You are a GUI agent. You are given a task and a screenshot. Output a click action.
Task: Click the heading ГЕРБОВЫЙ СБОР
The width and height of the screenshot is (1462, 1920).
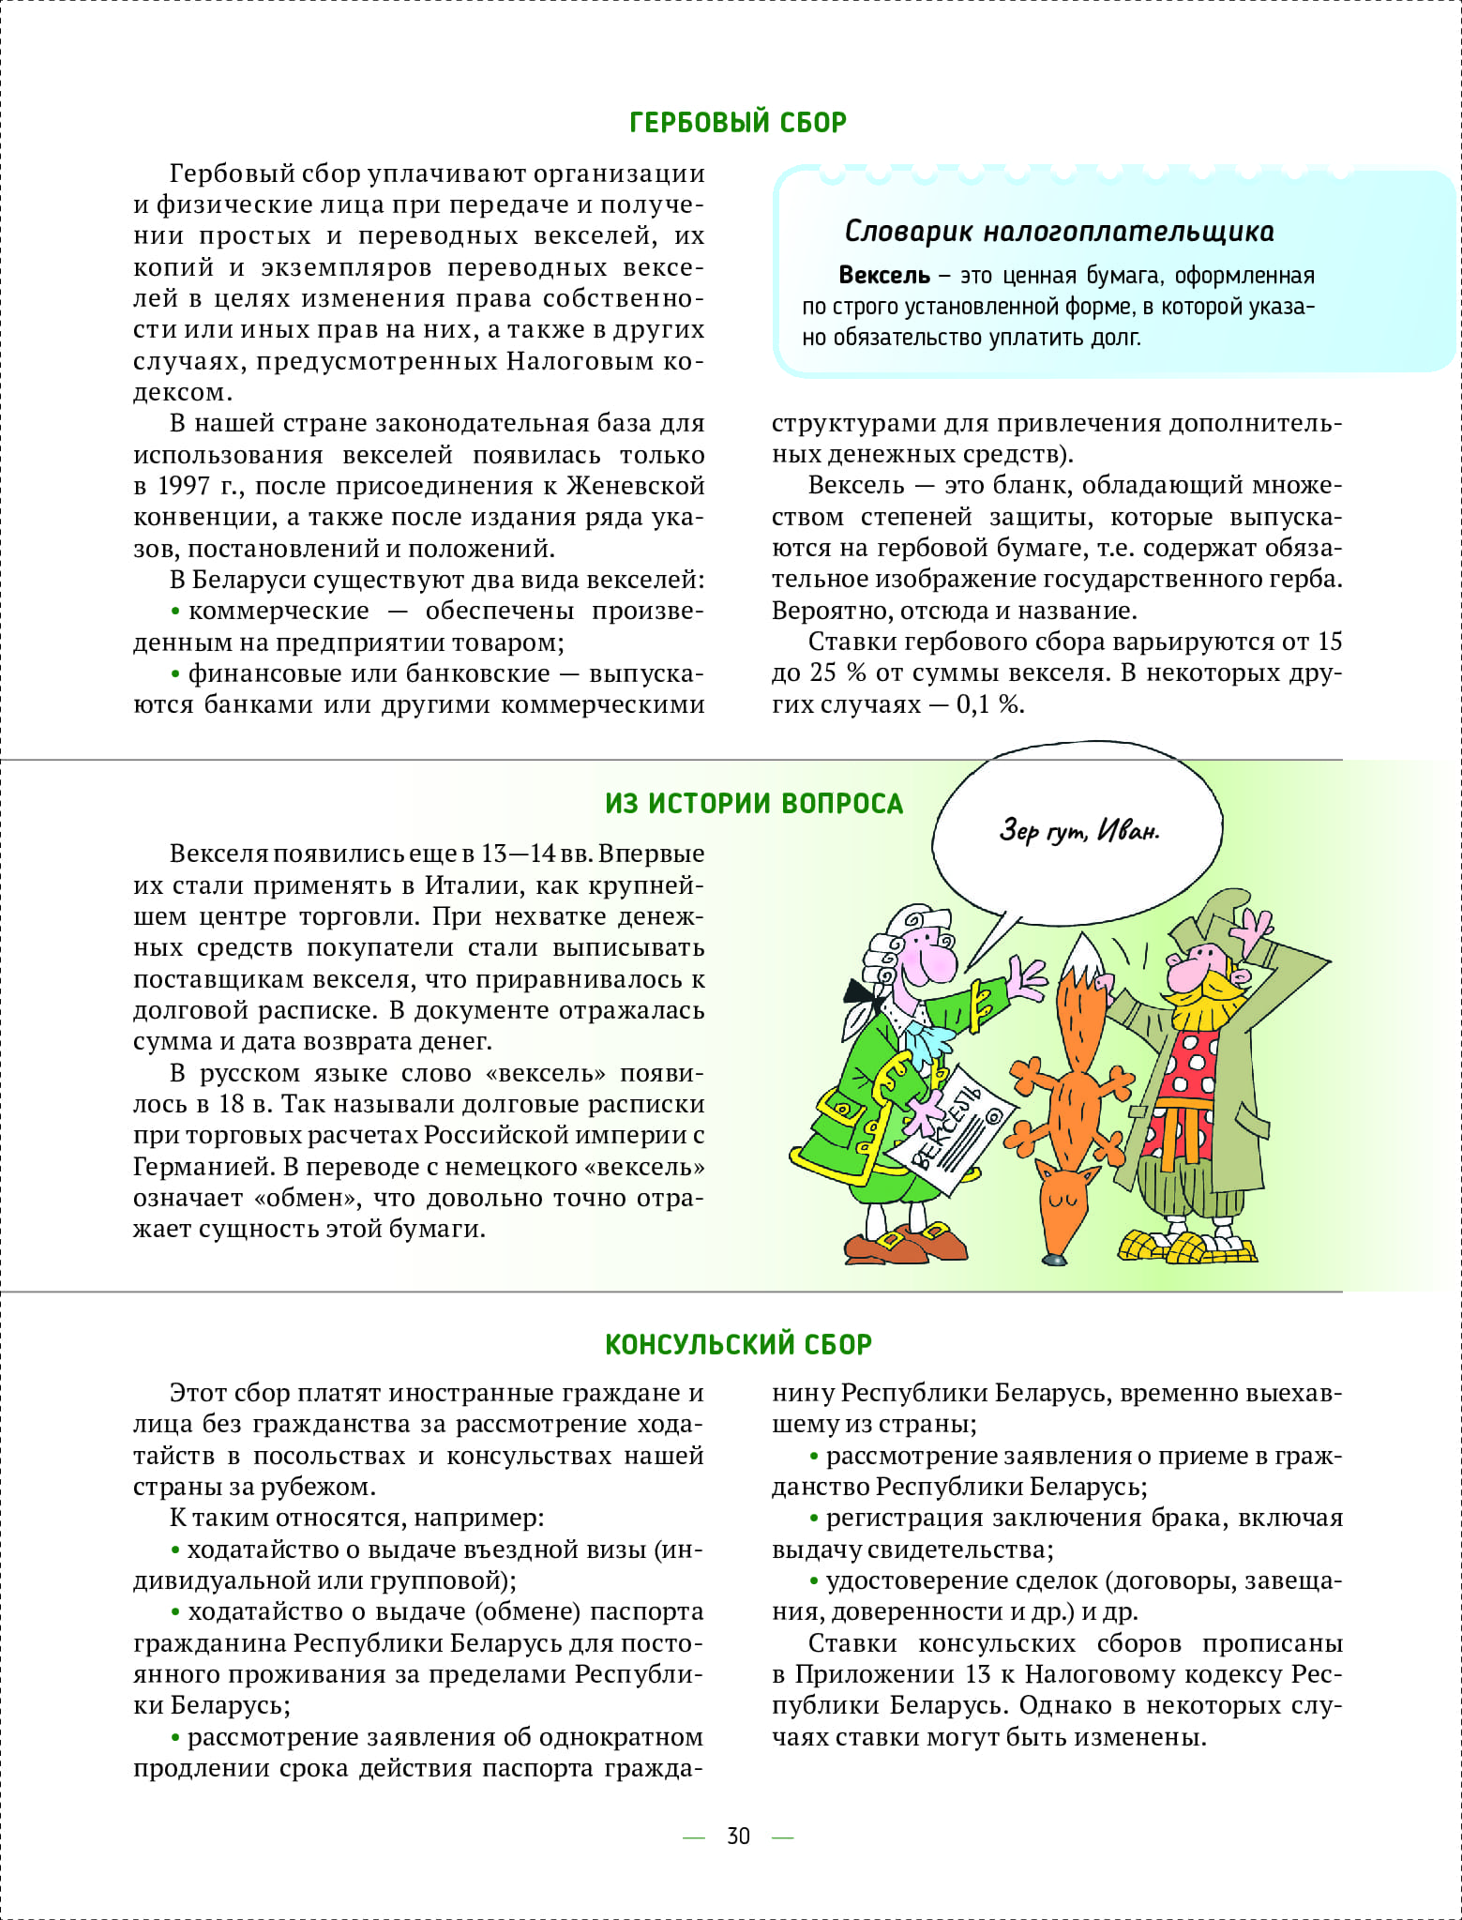point(738,122)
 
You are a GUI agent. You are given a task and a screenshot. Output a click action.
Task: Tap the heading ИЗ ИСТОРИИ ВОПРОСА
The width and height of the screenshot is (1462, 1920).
point(753,804)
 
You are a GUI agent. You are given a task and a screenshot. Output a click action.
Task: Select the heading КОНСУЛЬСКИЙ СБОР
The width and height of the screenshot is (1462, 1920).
point(738,1344)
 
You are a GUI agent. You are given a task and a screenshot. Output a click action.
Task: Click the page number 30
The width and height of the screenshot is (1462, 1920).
point(738,1836)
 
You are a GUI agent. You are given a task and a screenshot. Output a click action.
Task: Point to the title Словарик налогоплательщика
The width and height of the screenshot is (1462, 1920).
point(1059,232)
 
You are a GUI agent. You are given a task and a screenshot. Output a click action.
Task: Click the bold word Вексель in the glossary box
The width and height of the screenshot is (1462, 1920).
point(883,276)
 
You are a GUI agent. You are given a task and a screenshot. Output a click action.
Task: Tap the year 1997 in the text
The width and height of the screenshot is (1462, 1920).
point(183,486)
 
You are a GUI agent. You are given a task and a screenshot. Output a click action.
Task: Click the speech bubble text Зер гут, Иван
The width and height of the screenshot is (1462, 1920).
point(1078,830)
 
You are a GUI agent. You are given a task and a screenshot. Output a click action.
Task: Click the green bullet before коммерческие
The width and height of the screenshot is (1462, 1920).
point(175,612)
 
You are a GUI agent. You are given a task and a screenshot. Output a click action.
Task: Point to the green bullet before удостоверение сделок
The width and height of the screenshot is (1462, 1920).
point(814,1580)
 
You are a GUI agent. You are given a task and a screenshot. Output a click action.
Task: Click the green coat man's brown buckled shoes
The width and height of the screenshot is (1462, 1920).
point(905,1242)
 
